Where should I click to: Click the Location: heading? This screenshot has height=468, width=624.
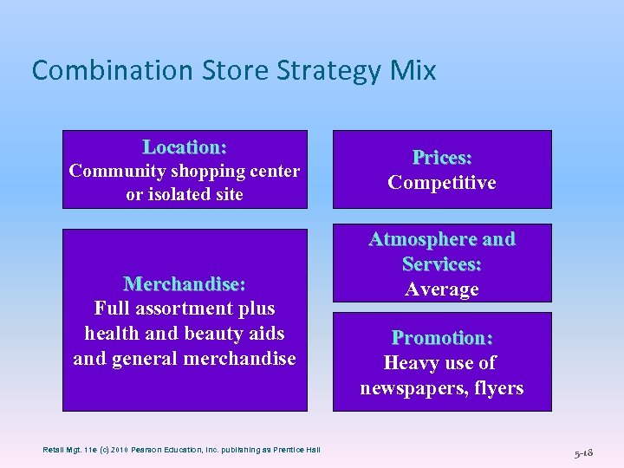coord(185,146)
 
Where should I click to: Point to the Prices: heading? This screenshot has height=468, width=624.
coord(442,158)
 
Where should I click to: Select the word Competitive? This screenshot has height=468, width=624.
coord(442,183)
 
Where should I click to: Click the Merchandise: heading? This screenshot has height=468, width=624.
coord(185,284)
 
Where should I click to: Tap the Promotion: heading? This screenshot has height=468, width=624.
coord(442,337)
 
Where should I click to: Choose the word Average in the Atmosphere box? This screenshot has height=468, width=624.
coord(442,289)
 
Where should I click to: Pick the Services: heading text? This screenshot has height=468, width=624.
coord(442,264)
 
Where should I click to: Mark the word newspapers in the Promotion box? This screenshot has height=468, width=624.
coord(414,388)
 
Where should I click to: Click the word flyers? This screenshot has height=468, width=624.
coord(498,388)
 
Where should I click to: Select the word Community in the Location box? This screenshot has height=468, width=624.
coord(112,171)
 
